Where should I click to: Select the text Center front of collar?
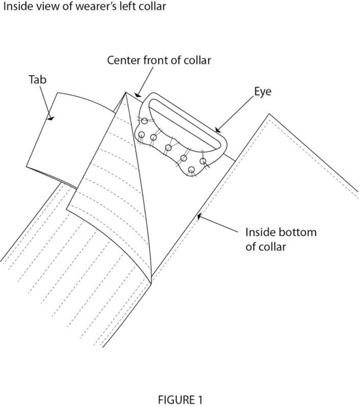[x=159, y=60]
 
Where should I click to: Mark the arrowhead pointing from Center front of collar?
[x=137, y=95]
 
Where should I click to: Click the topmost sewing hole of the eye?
[x=145, y=121]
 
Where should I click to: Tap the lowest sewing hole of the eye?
[x=191, y=169]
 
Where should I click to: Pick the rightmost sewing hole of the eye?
[x=203, y=161]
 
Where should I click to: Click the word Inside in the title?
[x=16, y=7]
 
